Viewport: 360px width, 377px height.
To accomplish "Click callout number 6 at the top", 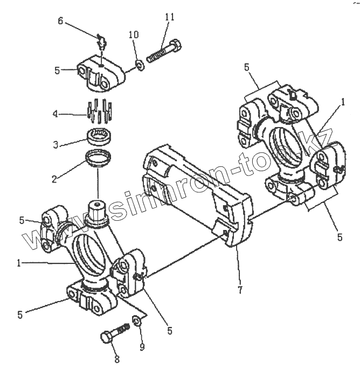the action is tap(60, 21).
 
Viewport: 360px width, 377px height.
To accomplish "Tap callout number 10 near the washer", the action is tap(134, 35).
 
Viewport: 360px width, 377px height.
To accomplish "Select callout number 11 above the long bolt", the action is tap(170, 17).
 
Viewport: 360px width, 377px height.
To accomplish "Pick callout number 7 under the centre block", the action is tap(239, 290).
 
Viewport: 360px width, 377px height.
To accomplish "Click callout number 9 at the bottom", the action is tap(142, 347).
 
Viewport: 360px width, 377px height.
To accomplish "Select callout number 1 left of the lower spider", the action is tap(19, 263).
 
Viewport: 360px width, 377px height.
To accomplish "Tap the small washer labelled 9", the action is tap(136, 322).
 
